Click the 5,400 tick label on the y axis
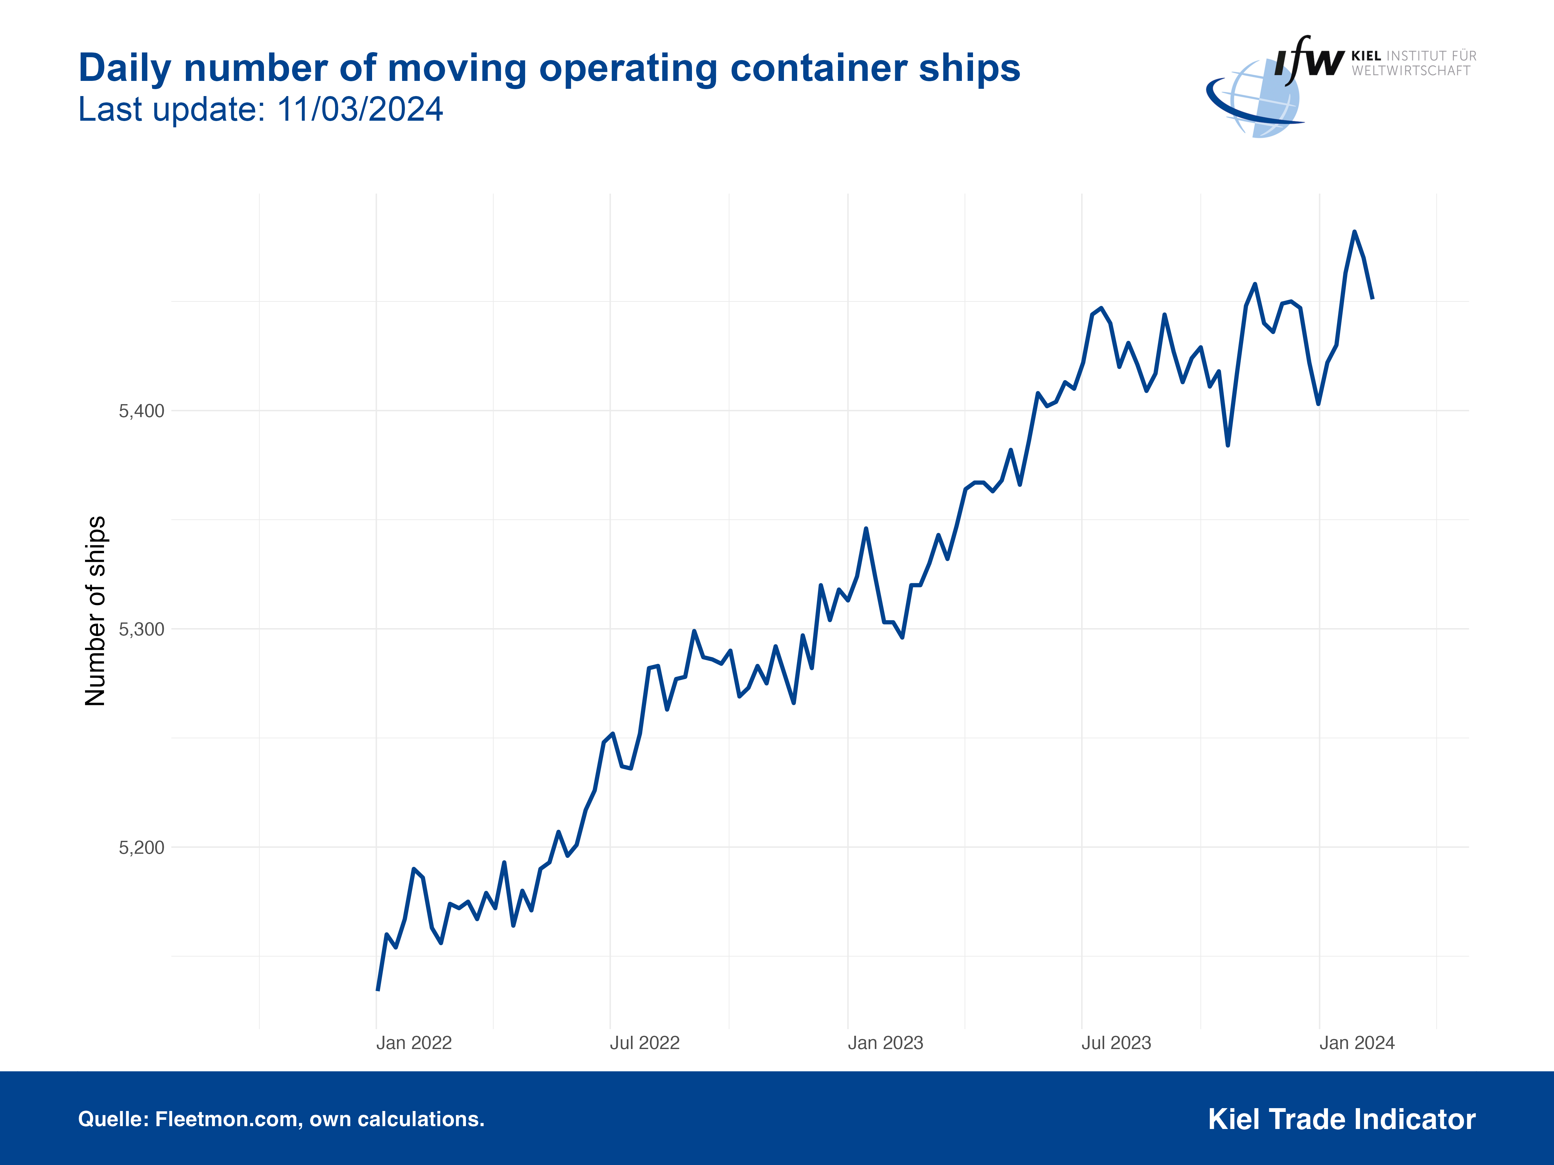pos(141,411)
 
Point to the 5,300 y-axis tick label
pos(141,629)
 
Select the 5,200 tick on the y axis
pos(141,847)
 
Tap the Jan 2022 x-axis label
pos(414,1043)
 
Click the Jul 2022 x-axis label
pos(644,1043)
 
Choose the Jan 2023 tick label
pos(885,1043)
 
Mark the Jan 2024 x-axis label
pos(1356,1043)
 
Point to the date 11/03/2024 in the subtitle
pos(360,110)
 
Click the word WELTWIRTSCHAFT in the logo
pos(1411,71)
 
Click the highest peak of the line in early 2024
pos(1355,232)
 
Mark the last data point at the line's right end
pos(1372,299)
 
